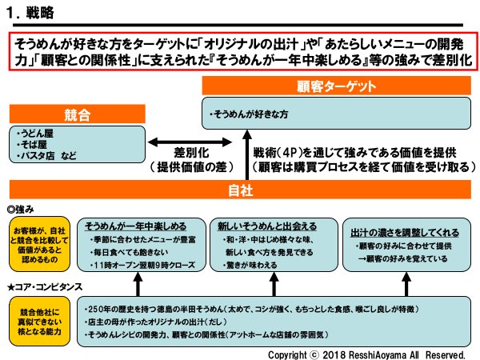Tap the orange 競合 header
[x=77, y=114]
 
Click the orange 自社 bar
[x=240, y=191]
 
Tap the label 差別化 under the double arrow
[x=191, y=152]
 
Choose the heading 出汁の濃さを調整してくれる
[x=406, y=232]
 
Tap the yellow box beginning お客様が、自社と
[x=39, y=244]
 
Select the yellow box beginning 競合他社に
[x=39, y=313]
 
